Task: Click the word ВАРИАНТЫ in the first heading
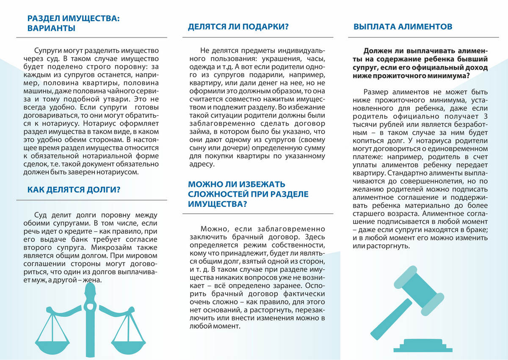point(51,29)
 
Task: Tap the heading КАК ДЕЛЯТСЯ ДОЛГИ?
point(74,190)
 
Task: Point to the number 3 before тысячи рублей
point(485,117)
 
